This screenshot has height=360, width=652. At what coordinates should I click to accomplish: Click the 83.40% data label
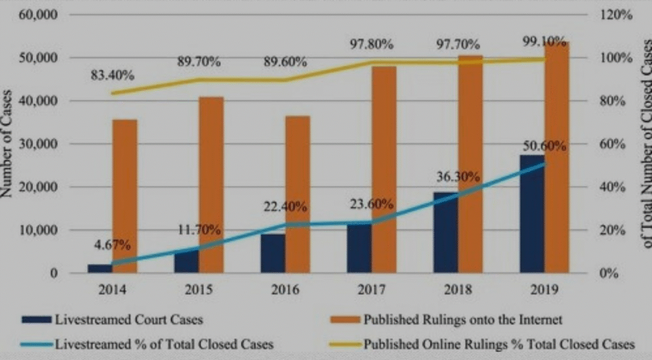tap(112, 75)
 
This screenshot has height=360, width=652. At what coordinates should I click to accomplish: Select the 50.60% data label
tap(544, 145)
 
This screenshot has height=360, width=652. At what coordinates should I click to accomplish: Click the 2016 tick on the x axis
tap(285, 290)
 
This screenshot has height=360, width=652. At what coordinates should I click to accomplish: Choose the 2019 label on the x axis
tap(544, 290)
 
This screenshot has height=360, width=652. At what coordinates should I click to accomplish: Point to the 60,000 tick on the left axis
tap(39, 15)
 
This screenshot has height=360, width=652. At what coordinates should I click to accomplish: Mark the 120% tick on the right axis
tap(616, 15)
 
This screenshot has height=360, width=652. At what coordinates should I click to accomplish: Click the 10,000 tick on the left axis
tap(39, 230)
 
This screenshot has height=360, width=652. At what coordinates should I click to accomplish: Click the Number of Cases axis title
tap(9, 143)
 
